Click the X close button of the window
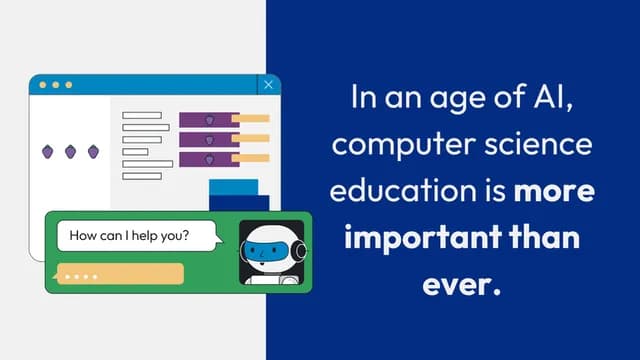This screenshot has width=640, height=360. pyautogui.click(x=268, y=86)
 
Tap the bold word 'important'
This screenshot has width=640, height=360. pyautogui.click(x=418, y=240)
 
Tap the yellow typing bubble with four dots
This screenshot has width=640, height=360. pyautogui.click(x=120, y=274)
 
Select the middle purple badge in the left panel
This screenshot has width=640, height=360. pyautogui.click(x=71, y=151)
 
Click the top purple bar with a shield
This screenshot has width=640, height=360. pyautogui.click(x=209, y=119)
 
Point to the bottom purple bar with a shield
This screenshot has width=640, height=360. pyautogui.click(x=209, y=160)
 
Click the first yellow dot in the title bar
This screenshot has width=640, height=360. pyautogui.click(x=42, y=85)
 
